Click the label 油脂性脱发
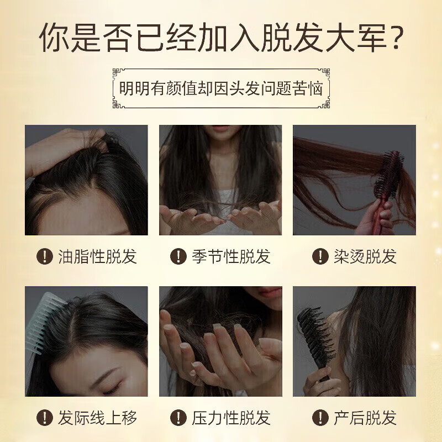97,256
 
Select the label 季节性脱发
231,256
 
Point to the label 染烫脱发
365,256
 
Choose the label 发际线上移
97,418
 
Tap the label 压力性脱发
231,418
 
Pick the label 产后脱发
365,418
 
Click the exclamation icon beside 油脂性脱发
44,256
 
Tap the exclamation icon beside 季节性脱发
178,256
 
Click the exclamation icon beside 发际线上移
44,418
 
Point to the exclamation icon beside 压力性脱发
178,418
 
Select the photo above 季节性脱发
220,180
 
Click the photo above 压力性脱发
220,341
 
